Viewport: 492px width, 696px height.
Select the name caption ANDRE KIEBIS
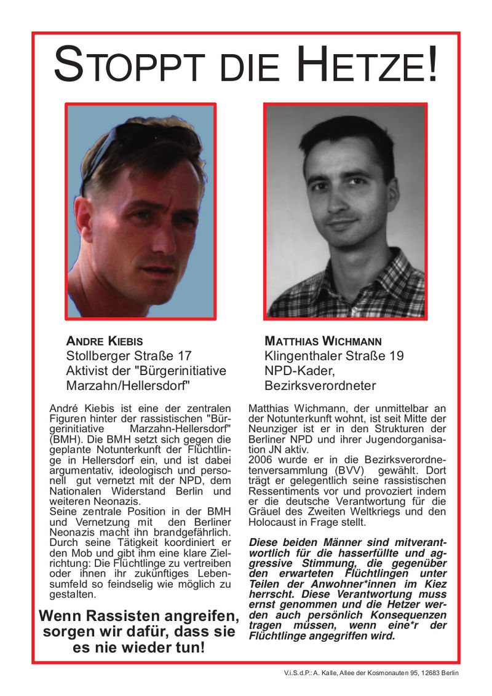(104, 341)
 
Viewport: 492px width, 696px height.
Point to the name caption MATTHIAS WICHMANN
(323, 341)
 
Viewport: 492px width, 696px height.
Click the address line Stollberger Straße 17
(129, 355)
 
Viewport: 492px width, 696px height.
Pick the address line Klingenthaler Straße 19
(334, 355)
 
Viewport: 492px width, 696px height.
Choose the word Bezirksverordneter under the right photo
(320, 386)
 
